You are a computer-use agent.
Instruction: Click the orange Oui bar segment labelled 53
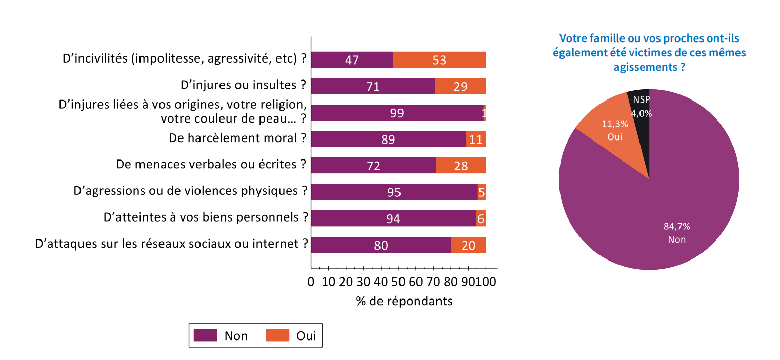[x=439, y=59]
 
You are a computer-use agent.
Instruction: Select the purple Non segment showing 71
[x=373, y=86]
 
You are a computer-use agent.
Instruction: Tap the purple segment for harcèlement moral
[x=388, y=139]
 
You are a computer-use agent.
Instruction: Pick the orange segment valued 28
[x=461, y=166]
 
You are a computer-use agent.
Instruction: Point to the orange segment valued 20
[x=468, y=245]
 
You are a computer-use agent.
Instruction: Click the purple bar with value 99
[x=396, y=113]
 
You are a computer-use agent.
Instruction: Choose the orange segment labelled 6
[x=481, y=218]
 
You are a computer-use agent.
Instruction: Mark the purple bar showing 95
[x=394, y=192]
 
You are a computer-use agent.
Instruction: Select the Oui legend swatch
[x=277, y=335]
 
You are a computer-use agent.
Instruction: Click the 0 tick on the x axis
[x=311, y=282]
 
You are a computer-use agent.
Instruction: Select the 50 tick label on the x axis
[x=397, y=282]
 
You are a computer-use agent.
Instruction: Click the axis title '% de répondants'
[x=404, y=301]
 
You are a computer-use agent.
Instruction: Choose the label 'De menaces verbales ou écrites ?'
[x=211, y=164]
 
